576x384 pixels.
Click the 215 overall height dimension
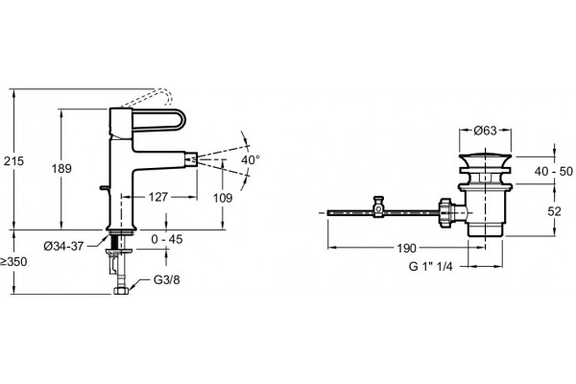click(x=13, y=161)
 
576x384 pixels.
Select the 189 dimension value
click(x=61, y=169)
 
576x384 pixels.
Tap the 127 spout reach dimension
click(x=158, y=198)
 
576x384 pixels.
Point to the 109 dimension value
click(x=223, y=198)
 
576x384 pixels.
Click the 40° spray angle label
click(x=251, y=160)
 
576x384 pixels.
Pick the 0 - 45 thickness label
click(x=167, y=239)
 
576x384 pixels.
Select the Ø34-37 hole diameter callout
click(x=63, y=246)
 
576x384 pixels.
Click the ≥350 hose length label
click(x=13, y=262)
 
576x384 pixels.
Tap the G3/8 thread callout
click(x=167, y=280)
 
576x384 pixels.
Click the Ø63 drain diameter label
click(x=485, y=131)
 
